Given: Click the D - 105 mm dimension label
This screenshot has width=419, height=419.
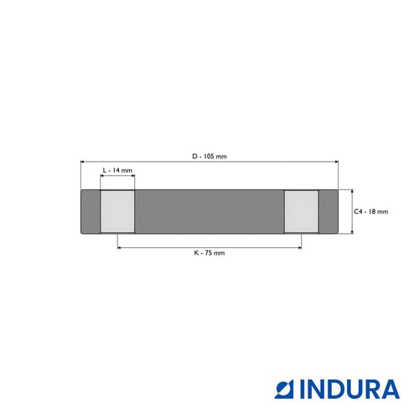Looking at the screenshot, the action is pos(209,157).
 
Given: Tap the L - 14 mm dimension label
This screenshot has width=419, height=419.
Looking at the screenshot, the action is pos(117,170).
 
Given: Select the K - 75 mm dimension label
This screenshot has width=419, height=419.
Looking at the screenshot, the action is pos(209,253).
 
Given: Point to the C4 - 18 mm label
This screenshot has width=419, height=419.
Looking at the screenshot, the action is pos(371,212).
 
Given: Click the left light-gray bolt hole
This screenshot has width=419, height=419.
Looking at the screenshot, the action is pos(117,211).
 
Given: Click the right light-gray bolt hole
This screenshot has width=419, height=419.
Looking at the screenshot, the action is pos(302,211).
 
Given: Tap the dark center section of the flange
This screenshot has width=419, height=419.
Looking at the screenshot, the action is pos(209,211).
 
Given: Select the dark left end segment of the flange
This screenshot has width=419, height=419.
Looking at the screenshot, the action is pos(91,211).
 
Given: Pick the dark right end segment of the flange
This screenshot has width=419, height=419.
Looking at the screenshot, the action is pos(328,211).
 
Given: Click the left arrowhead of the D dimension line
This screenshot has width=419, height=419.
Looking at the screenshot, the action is pos(82,162).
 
